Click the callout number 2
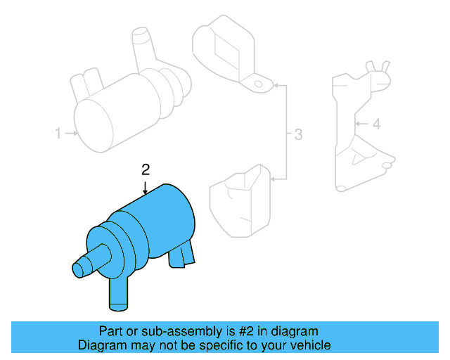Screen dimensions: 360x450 coord(146,169)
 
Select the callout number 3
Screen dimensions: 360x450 coord(298,134)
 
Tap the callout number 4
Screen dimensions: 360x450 coord(376,124)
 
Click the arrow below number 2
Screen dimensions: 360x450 coord(146,186)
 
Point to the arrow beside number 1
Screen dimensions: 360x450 coord(72,132)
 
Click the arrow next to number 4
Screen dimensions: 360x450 coord(361,124)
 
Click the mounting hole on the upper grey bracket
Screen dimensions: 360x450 coord(259,84)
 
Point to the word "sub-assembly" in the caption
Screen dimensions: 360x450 coord(172,330)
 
